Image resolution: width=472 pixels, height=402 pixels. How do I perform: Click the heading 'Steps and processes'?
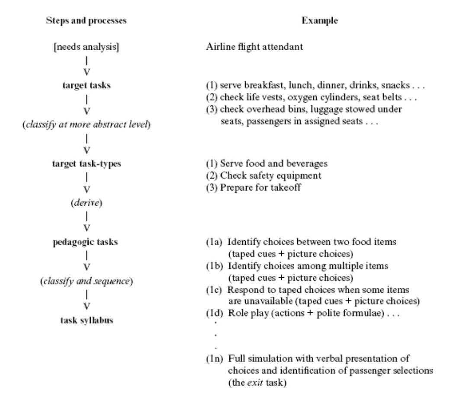click(86, 21)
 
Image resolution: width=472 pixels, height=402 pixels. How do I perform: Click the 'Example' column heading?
click(319, 21)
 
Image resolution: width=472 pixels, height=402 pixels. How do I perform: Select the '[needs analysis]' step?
click(86, 47)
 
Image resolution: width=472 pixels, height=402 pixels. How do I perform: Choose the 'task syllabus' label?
click(86, 321)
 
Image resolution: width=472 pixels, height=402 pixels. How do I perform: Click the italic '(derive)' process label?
click(86, 203)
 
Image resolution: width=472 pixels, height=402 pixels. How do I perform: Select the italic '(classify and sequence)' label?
click(86, 282)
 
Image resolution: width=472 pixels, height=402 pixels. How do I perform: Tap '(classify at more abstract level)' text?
click(86, 125)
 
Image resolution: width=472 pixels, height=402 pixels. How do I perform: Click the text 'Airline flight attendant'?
click(254, 47)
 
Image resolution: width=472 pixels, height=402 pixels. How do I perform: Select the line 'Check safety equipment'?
click(271, 175)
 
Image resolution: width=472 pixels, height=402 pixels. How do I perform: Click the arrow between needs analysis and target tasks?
click(86, 66)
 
